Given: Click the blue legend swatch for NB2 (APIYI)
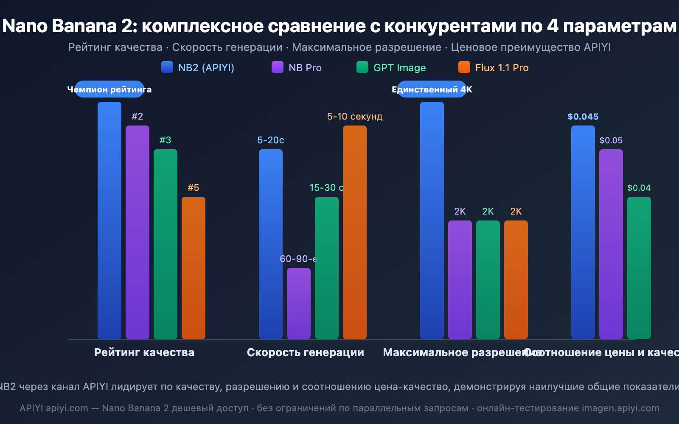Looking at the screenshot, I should [x=167, y=67].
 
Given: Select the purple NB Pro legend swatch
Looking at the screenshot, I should [x=278, y=67].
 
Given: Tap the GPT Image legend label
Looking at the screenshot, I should [x=399, y=68].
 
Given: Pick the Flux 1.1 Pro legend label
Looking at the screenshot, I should [x=502, y=68].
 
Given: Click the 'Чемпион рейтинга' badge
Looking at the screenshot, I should [x=109, y=89].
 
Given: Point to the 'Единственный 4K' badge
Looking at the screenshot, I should [x=432, y=89].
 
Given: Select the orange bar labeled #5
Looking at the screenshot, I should [x=194, y=267].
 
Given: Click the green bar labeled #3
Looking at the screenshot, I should [x=166, y=244].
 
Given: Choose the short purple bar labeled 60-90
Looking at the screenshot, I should [x=299, y=303].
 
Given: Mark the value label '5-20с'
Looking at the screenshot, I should [x=271, y=140].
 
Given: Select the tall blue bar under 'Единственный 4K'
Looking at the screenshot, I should [x=432, y=220].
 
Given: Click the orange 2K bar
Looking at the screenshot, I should [x=516, y=279].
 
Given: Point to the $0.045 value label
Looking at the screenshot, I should [x=583, y=117].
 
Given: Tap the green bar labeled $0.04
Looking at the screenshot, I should [x=639, y=267].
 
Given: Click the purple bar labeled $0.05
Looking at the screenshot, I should [x=611, y=244].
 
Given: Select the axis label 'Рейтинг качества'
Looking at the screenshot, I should [x=144, y=352].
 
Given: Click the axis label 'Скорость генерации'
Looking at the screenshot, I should [x=306, y=352].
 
